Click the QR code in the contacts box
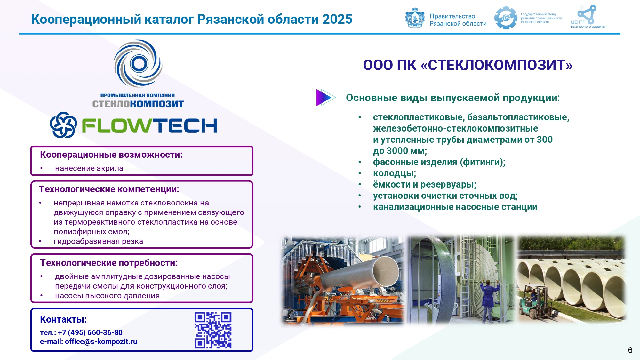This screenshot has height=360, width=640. point(213,330)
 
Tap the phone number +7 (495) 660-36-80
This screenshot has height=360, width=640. point(90,332)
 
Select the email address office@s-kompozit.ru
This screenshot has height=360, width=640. point(101,341)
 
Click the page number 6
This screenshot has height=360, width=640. point(630,350)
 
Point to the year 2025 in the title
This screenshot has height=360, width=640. point(337,19)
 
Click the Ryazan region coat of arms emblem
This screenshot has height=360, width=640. point(415,18)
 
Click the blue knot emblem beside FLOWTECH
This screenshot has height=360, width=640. point(63,125)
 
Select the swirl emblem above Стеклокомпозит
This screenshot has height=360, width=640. point(138,63)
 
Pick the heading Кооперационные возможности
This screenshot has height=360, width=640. point(111,155)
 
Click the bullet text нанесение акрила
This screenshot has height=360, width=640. point(89,168)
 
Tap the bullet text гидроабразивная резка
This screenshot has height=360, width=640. point(98,241)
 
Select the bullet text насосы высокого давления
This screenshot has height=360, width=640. point(107,296)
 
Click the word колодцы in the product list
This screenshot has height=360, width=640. point(395,173)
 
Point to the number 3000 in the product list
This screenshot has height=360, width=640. point(397,151)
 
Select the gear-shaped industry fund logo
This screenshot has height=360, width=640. point(506,18)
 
